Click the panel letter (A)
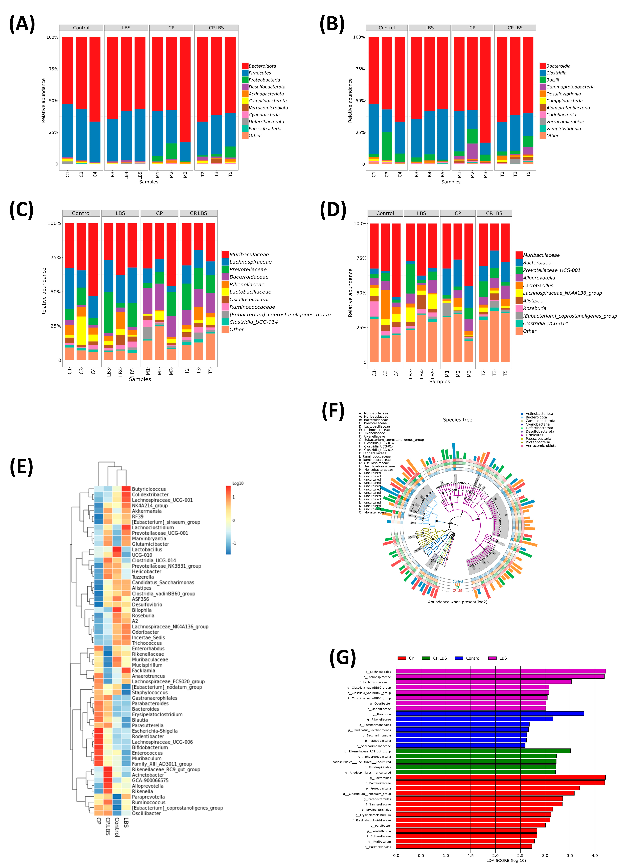point(22,24)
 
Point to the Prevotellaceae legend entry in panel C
point(248,269)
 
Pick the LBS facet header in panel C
point(120,213)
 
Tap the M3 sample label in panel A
point(185,175)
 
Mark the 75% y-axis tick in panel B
point(360,69)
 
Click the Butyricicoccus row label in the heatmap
point(149,489)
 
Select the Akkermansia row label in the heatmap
point(147,511)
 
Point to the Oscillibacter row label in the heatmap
point(146,813)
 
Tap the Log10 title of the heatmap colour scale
point(238,483)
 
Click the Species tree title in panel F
point(457,420)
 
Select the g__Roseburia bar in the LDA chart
point(490,714)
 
